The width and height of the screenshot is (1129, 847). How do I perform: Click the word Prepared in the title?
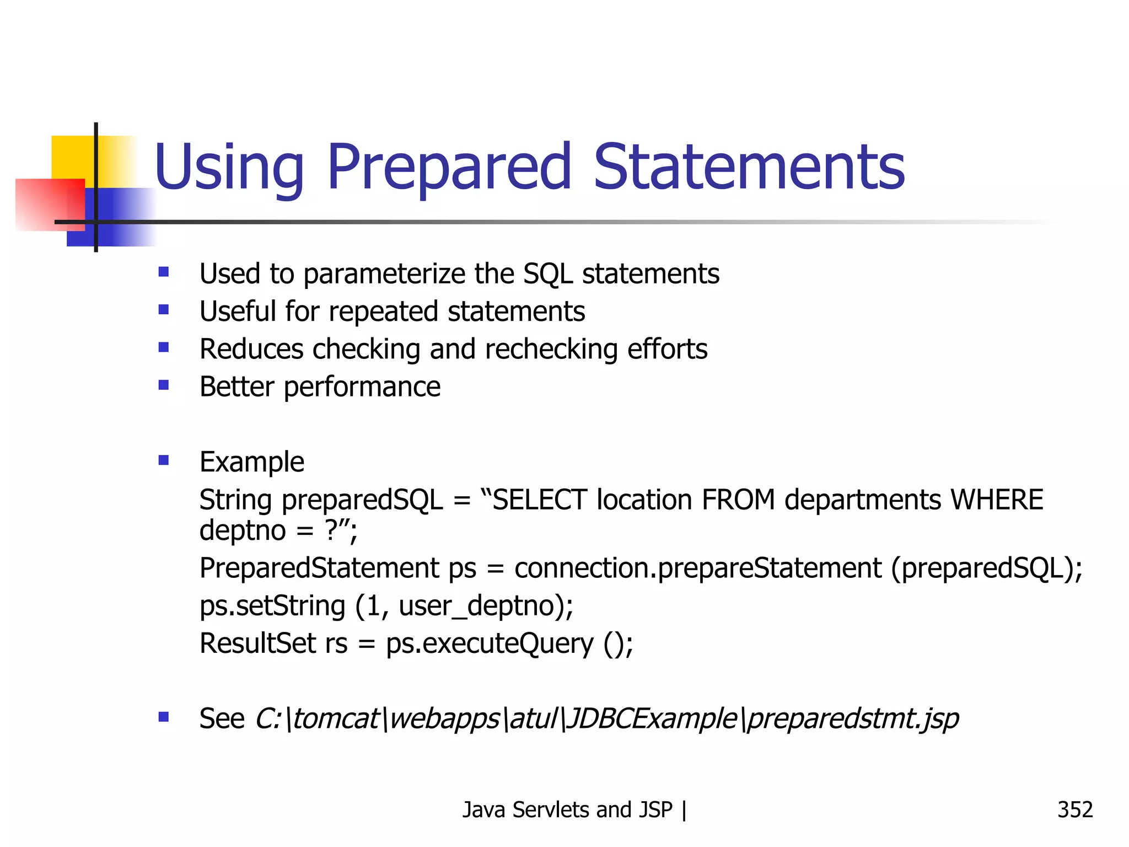449,167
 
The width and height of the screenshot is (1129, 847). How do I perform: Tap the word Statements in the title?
749,167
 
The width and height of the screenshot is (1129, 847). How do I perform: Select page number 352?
1074,810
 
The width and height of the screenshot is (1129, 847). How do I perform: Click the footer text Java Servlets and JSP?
567,810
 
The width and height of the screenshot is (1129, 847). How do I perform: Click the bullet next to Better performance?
164,385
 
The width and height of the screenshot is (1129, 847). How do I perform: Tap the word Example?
251,462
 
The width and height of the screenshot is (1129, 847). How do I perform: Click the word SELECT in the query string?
539,500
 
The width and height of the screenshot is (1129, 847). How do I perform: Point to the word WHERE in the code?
997,500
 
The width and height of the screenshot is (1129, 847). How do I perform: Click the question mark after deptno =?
330,530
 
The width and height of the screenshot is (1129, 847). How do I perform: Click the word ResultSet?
257,644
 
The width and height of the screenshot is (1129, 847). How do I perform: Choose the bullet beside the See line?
164,717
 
